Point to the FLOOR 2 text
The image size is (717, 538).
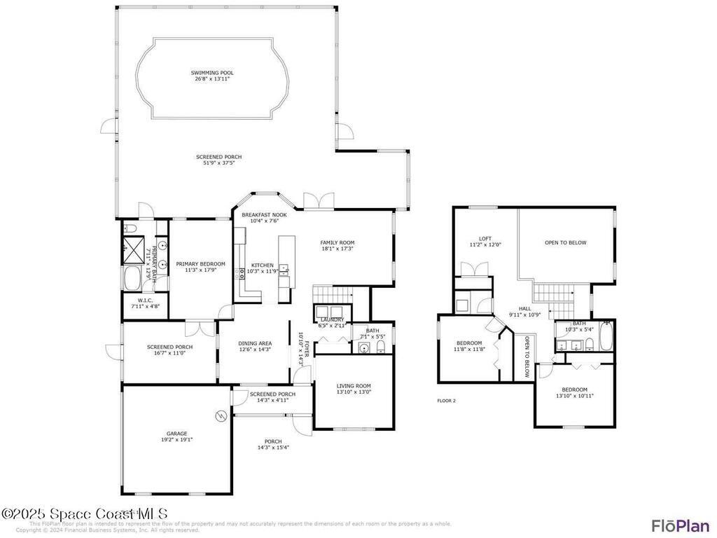click(x=446, y=401)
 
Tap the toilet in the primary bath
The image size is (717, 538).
click(x=130, y=229)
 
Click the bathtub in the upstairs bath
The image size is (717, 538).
click(x=606, y=336)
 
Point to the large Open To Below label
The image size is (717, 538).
click(x=566, y=243)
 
